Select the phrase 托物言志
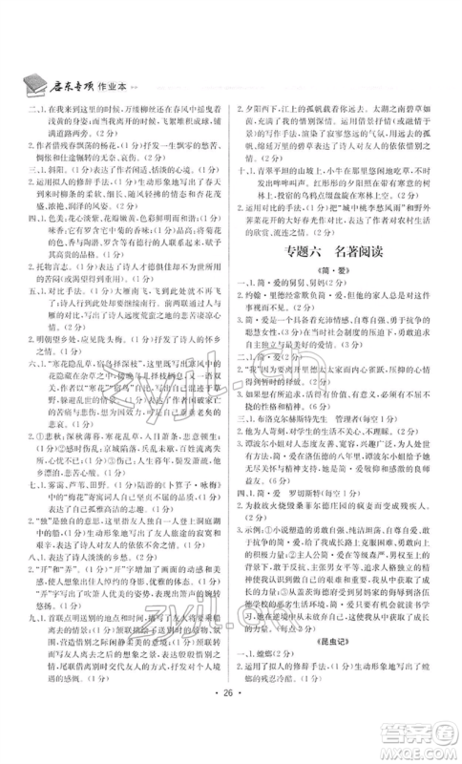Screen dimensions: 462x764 pyautogui.click(x=55, y=301)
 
